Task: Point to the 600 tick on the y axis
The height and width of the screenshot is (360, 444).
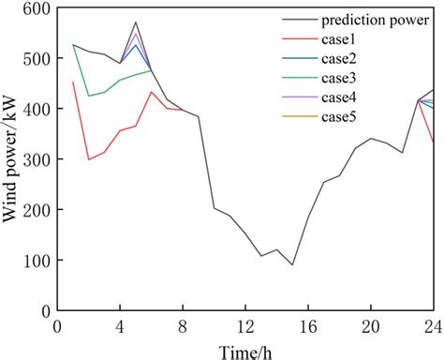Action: pos(36,9)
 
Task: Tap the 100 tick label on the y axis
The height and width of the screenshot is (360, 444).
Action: pos(36,260)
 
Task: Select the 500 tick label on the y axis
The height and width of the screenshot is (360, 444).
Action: pos(36,59)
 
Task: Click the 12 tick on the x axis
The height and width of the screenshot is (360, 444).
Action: pos(244,324)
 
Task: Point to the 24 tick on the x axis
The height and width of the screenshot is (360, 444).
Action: pos(432,324)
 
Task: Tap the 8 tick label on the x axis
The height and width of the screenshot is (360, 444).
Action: pos(183,324)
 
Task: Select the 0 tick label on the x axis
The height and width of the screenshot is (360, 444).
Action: pos(57,324)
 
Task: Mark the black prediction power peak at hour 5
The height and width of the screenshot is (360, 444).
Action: pos(136,22)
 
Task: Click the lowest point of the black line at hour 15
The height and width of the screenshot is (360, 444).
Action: pos(292,264)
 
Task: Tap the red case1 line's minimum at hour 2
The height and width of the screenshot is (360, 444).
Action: pos(89,159)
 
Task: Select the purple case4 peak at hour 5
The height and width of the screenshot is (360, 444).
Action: pos(136,34)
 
